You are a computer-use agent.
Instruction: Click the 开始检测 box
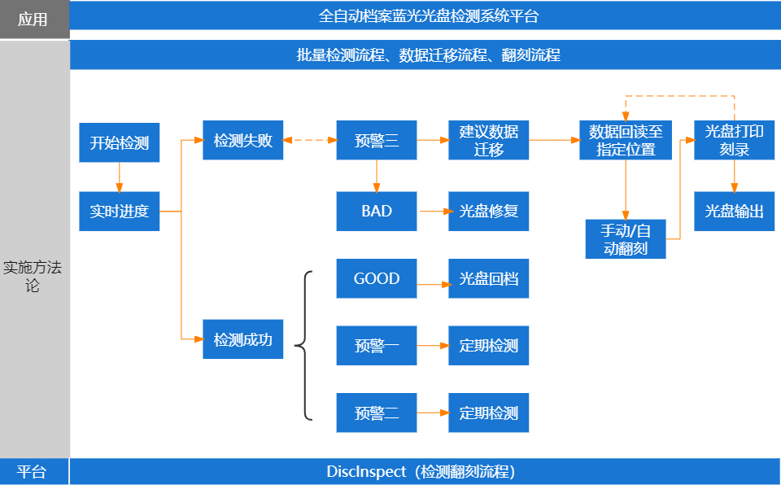[119, 143]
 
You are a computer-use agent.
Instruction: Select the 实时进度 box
[119, 212]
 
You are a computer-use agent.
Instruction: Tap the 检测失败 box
[242, 141]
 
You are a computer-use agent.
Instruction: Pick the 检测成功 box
[242, 339]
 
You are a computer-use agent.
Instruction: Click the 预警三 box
[376, 141]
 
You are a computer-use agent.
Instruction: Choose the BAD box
[376, 212]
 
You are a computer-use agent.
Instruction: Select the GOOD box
[376, 279]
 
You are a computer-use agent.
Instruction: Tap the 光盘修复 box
[488, 212]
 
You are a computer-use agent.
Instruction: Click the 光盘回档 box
[488, 279]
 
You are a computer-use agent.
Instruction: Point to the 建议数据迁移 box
[488, 141]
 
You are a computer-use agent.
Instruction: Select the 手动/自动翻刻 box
[626, 239]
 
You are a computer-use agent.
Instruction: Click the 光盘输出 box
[734, 212]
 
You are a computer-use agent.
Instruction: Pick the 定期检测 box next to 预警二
[488, 413]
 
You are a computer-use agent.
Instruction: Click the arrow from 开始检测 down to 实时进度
[119, 177]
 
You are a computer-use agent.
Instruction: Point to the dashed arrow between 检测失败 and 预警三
[309, 141]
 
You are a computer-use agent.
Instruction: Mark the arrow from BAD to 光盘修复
[433, 212]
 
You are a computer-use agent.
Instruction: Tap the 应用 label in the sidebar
[33, 20]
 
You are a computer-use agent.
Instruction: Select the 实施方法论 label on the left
[33, 276]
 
